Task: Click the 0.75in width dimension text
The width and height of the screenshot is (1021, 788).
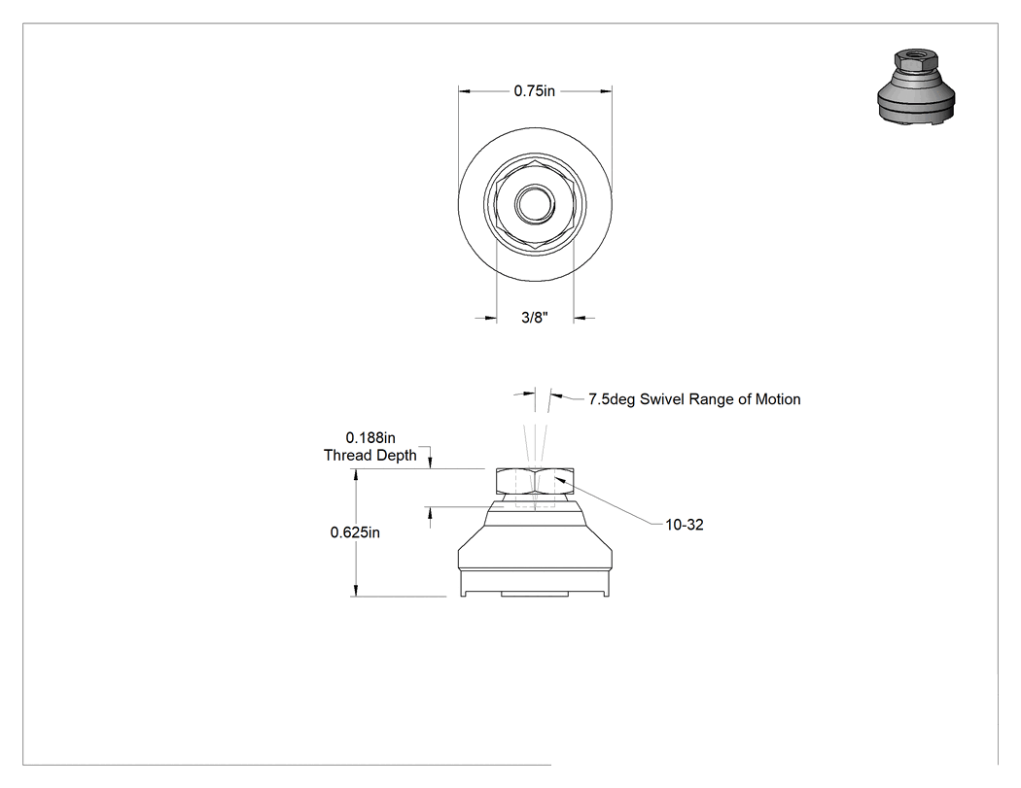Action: pos(534,91)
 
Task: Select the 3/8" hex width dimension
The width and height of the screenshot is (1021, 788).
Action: pos(535,318)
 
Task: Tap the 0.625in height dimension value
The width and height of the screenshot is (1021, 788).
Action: pos(355,532)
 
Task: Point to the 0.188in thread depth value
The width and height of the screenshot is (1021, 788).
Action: pos(370,437)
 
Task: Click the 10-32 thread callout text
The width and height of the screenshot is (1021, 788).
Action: pos(685,525)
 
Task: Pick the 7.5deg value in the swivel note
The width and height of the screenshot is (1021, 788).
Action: pos(612,399)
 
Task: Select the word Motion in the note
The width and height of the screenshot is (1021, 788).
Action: pos(778,399)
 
